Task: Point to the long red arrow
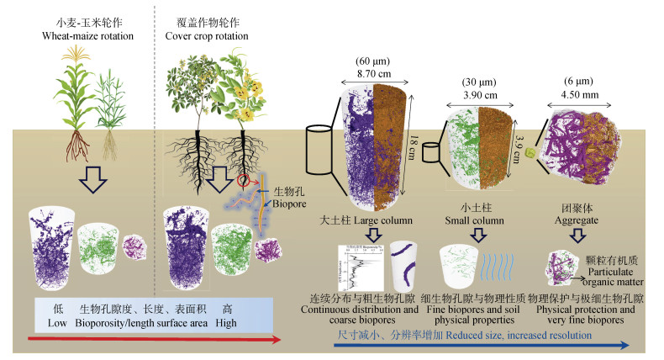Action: pyautogui.click(x=151, y=339)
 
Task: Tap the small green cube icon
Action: pyautogui.click(x=530, y=153)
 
